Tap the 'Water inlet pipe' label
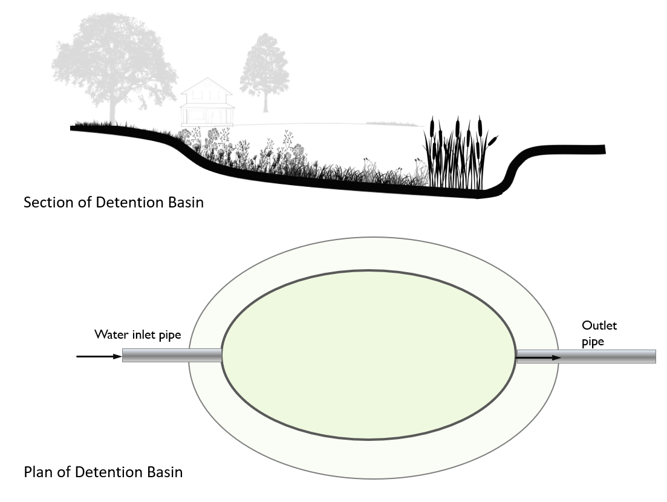137,334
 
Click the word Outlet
599,325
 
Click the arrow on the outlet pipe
539,357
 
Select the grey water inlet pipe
172,356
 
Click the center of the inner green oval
368,355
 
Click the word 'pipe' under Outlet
593,342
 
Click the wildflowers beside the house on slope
212,142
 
